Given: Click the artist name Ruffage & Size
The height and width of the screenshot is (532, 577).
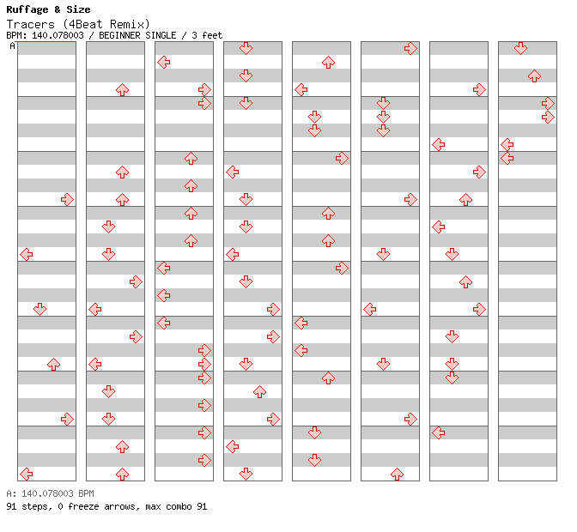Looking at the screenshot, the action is click(48, 9).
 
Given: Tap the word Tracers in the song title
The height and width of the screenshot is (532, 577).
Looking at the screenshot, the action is click(31, 24).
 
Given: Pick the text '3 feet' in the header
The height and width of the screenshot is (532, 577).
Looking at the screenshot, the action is click(207, 35).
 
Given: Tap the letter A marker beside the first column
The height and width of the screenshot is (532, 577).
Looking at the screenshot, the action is click(12, 45).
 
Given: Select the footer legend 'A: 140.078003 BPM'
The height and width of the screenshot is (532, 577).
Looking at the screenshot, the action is click(50, 493).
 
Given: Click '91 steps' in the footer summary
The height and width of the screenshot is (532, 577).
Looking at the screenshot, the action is click(28, 506).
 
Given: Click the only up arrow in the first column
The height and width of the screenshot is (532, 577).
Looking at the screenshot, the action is click(54, 365).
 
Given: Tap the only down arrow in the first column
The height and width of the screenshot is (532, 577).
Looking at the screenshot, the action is click(39, 310).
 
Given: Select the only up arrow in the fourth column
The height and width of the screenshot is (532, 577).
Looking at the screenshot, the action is click(260, 392).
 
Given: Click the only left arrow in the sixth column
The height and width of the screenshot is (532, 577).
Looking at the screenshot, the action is click(370, 310).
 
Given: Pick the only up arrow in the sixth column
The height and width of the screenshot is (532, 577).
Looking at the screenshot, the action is click(397, 475).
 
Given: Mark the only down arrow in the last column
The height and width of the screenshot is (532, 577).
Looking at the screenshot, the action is click(520, 48).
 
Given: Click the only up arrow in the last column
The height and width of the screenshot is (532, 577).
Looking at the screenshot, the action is click(534, 76).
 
